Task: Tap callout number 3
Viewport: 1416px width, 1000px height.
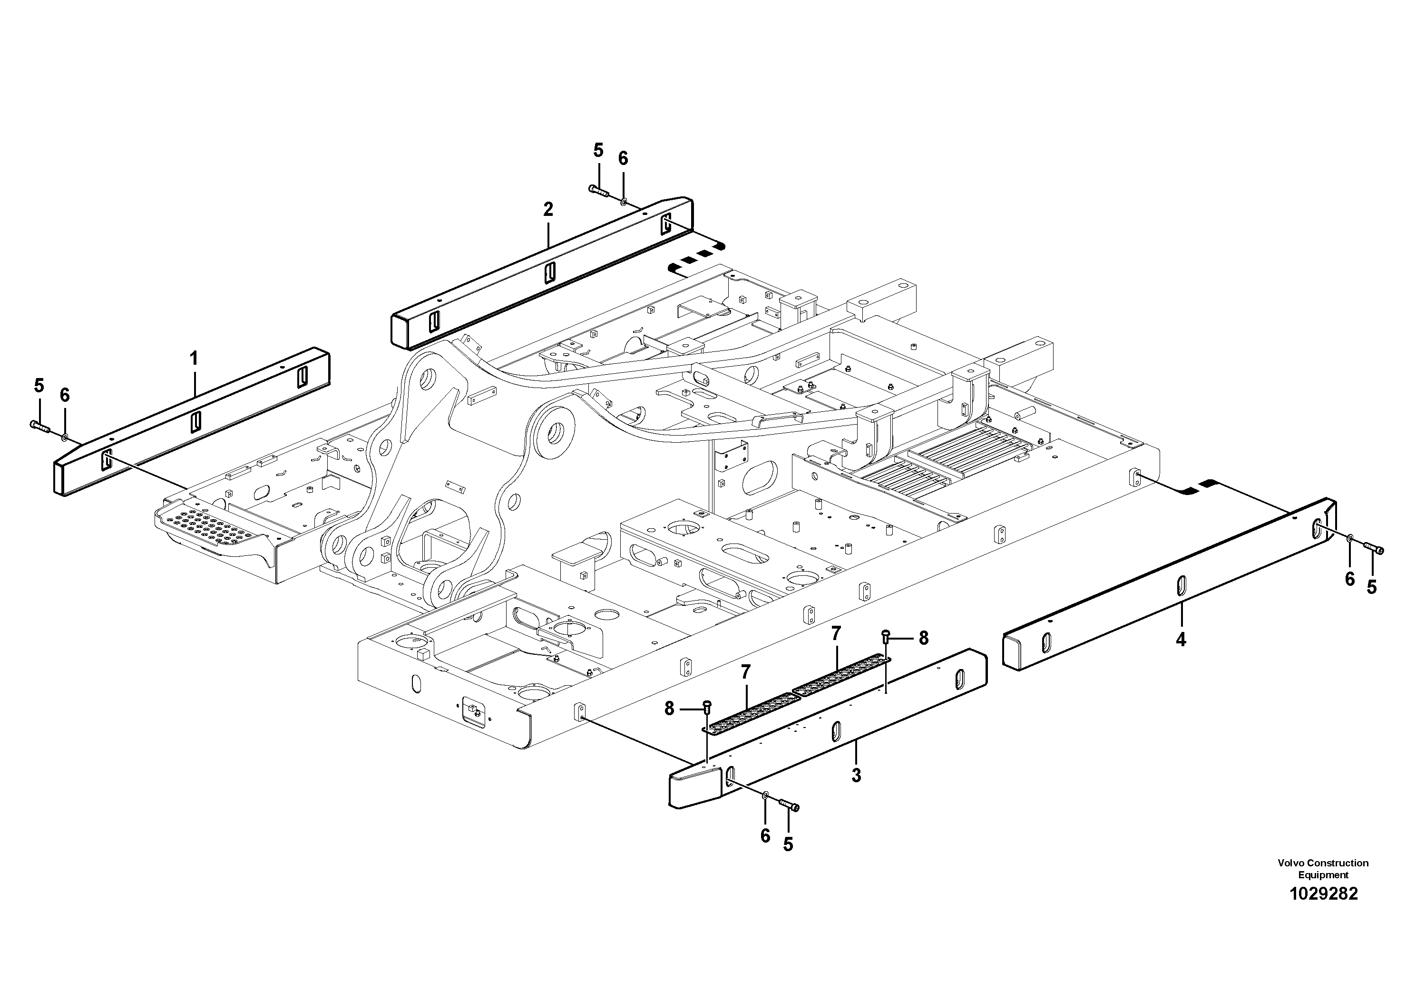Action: [856, 775]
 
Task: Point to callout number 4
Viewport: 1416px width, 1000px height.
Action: [1181, 640]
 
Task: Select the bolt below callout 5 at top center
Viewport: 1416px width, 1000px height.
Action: [598, 191]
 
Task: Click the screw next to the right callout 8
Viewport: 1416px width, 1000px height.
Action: [886, 635]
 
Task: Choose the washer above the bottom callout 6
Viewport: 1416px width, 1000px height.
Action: [765, 796]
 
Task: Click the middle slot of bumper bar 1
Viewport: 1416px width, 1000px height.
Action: [195, 422]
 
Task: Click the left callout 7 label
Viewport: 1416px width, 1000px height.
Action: [746, 673]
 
